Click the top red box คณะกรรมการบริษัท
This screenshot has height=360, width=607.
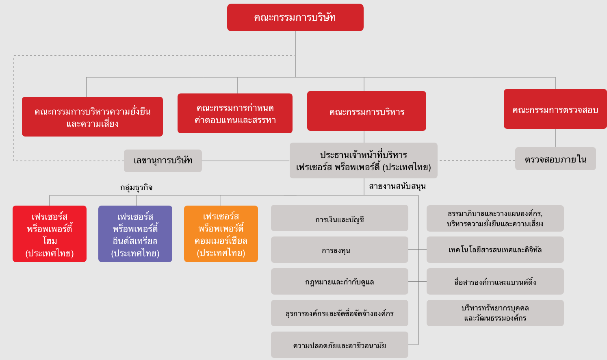[295, 17]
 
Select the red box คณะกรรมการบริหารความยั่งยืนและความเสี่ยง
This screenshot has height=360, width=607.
[92, 117]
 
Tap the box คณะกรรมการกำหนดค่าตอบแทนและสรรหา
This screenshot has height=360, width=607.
[235, 113]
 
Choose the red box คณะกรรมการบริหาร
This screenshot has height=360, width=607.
[366, 111]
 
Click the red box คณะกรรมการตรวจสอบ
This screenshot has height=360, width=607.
[555, 109]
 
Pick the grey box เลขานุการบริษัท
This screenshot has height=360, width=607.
[163, 161]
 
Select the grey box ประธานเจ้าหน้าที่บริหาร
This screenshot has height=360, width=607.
[363, 160]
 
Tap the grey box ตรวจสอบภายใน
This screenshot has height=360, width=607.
[555, 159]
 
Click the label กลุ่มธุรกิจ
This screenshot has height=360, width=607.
[136, 187]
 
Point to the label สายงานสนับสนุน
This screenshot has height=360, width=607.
[397, 186]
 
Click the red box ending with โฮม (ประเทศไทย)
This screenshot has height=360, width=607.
[50, 234]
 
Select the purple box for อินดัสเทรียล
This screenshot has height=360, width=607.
[135, 234]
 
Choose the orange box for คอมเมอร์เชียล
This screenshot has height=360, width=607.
[221, 234]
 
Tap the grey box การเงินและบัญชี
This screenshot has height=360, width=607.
[340, 218]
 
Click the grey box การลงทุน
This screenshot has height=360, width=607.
[340, 249]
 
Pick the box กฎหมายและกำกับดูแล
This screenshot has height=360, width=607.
[340, 282]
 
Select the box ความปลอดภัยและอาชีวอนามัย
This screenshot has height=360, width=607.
[340, 345]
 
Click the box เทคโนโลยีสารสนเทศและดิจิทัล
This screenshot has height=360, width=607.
[495, 249]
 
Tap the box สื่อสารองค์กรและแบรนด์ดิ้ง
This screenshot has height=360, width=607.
[495, 282]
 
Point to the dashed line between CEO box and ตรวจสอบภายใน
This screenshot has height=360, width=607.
[477, 160]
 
